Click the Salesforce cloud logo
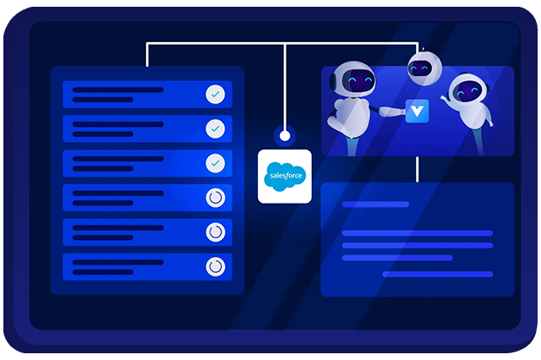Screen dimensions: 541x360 click(x=285, y=177)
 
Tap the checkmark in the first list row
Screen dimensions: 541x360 click(x=216, y=94)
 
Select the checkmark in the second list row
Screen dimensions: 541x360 click(x=216, y=128)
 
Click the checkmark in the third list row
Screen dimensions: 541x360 click(x=216, y=163)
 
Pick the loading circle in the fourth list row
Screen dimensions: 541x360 click(x=216, y=198)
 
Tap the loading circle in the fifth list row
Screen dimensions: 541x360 click(x=216, y=232)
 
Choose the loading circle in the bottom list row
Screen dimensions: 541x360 click(x=216, y=266)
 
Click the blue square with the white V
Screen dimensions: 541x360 click(x=417, y=111)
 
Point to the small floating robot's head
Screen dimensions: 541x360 click(x=424, y=68)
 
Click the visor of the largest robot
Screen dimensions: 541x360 click(x=358, y=81)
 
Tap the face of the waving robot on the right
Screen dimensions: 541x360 click(x=468, y=91)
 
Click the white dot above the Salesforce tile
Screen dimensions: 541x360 click(x=285, y=136)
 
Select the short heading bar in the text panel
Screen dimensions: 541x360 click(x=375, y=205)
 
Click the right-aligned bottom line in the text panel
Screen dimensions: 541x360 click(x=438, y=275)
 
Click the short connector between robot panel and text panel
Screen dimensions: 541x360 click(x=417, y=169)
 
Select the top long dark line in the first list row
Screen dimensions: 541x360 click(x=118, y=90)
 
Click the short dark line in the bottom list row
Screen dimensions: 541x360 click(x=103, y=272)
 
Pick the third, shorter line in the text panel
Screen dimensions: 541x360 click(x=397, y=258)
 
